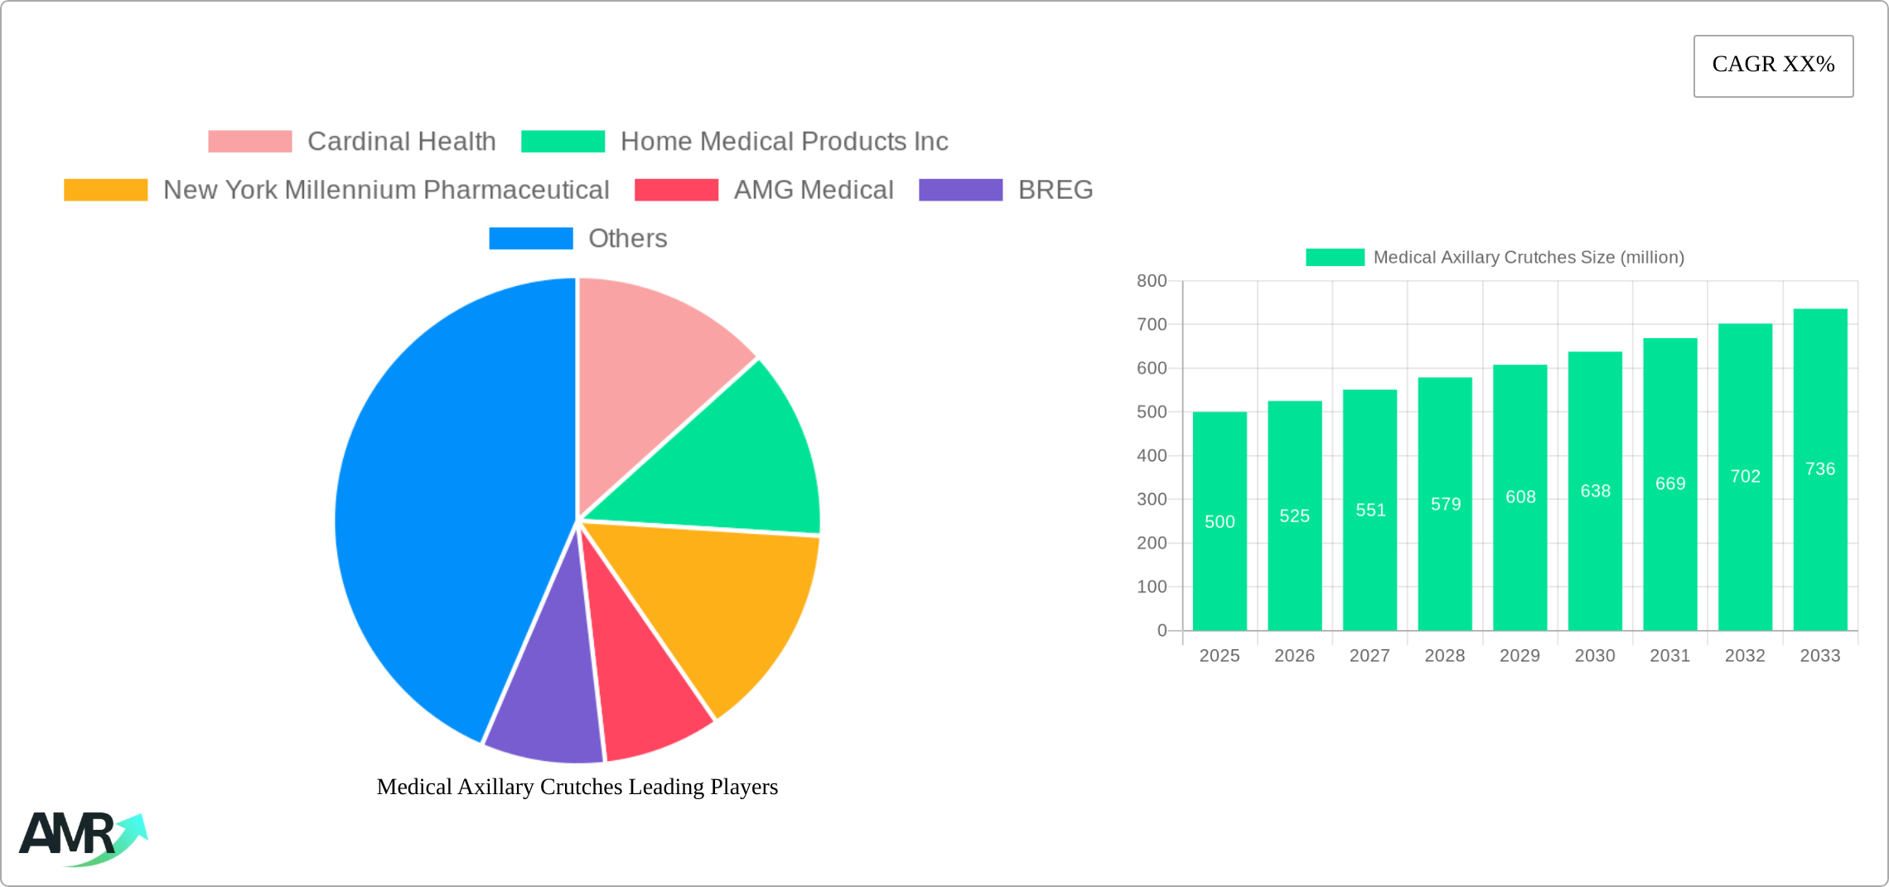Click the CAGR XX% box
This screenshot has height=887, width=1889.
(x=1773, y=65)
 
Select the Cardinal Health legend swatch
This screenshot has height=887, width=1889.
(x=249, y=142)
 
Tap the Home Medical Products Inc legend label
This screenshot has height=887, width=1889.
(x=784, y=142)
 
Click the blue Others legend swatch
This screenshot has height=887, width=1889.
(x=530, y=239)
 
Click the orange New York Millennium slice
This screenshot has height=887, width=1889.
(x=729, y=605)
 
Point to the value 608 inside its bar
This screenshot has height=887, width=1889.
(x=1520, y=497)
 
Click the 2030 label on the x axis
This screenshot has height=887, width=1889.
(x=1595, y=656)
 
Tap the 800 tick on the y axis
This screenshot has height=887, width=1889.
(x=1152, y=281)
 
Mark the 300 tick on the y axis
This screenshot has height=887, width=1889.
(x=1152, y=499)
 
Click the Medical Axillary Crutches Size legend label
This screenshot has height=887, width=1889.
(x=1529, y=258)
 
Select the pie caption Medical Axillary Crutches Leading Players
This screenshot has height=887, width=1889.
(x=577, y=787)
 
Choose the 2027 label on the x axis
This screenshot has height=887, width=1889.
(x=1370, y=656)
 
